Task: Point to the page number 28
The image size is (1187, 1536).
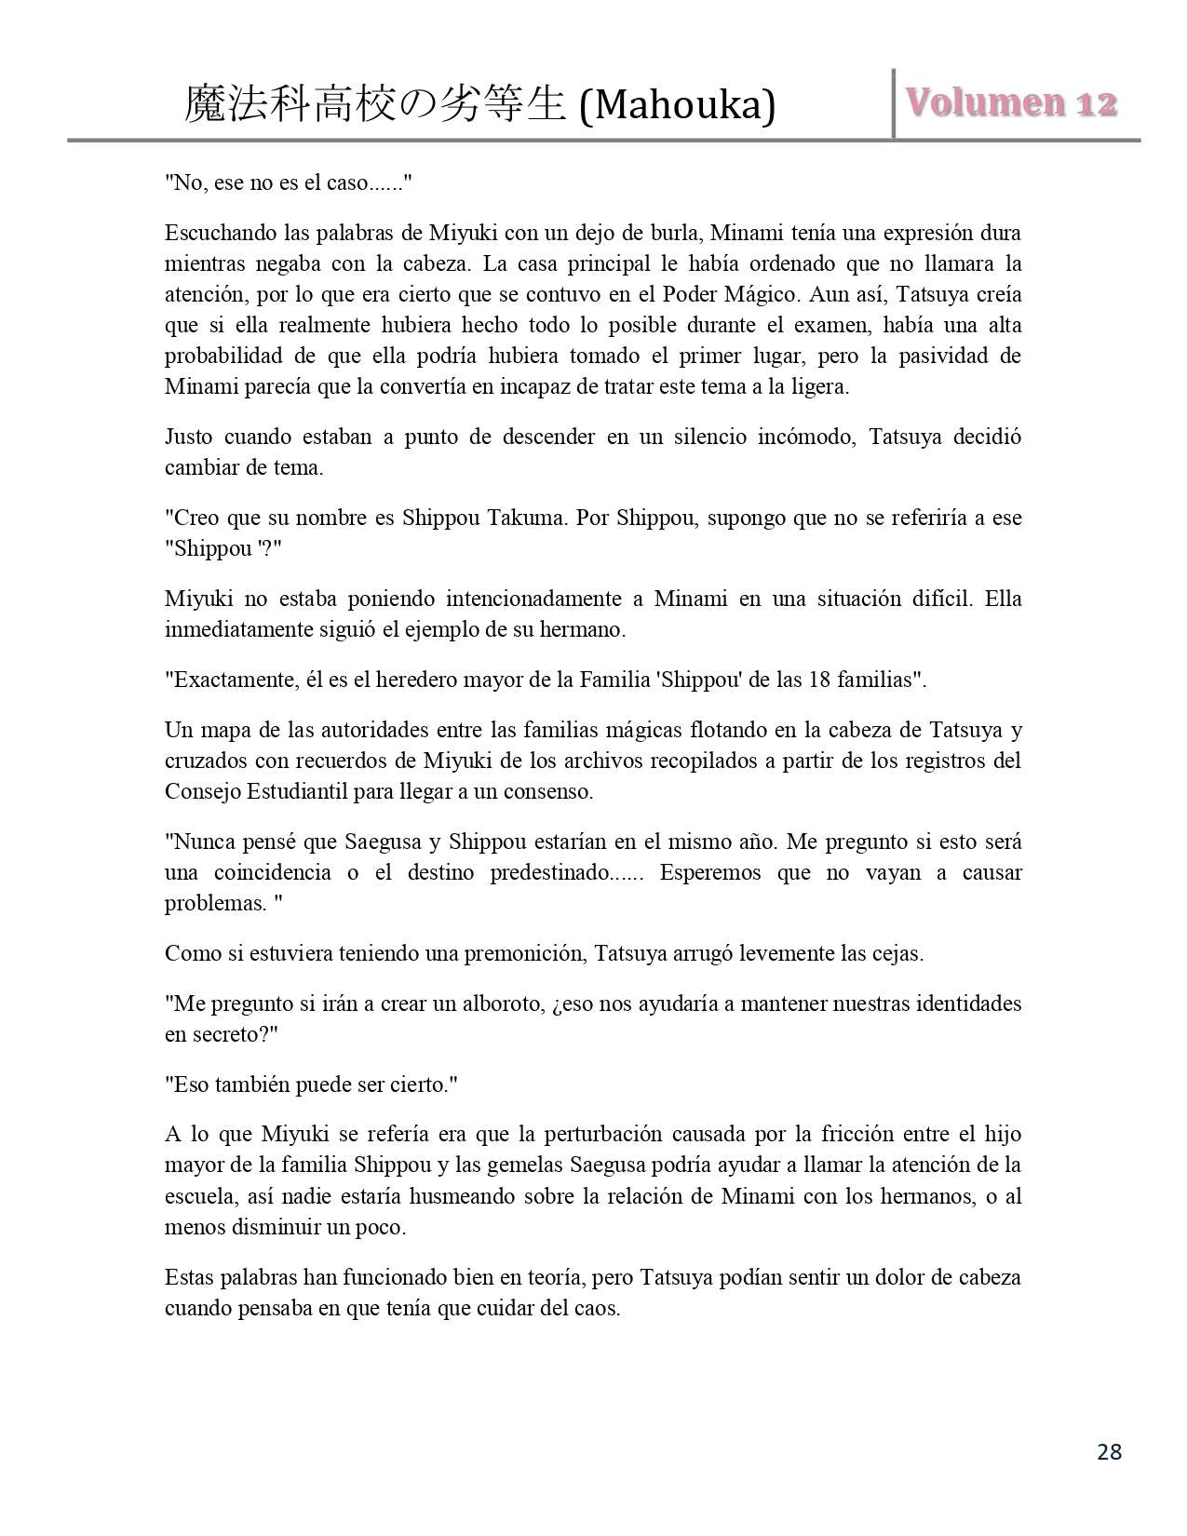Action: tap(1109, 1451)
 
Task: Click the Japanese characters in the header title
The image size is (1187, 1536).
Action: tap(374, 104)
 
